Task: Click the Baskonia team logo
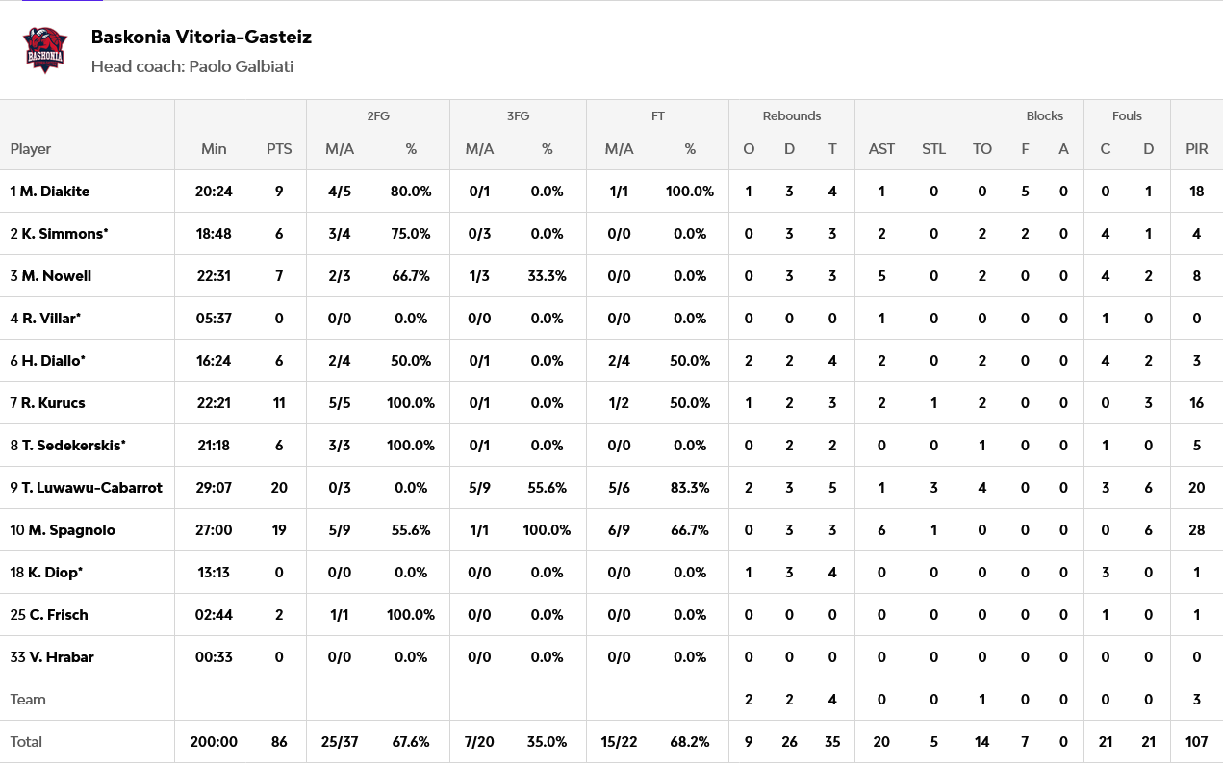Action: (46, 50)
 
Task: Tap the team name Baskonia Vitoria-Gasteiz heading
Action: (201, 38)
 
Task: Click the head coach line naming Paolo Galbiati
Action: (192, 66)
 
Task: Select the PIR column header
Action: (1197, 149)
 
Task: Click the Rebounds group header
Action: (791, 115)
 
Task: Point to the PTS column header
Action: (279, 149)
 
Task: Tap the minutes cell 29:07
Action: (214, 488)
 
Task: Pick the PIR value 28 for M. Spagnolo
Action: (1197, 530)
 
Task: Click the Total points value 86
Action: (279, 742)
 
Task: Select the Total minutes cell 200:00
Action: (214, 742)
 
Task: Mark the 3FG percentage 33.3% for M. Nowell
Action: (547, 276)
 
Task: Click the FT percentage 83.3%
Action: (690, 488)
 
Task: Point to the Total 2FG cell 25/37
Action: (340, 742)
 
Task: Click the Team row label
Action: (28, 700)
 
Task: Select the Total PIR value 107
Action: (1197, 742)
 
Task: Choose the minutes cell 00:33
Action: (214, 657)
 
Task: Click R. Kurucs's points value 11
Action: (279, 403)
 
